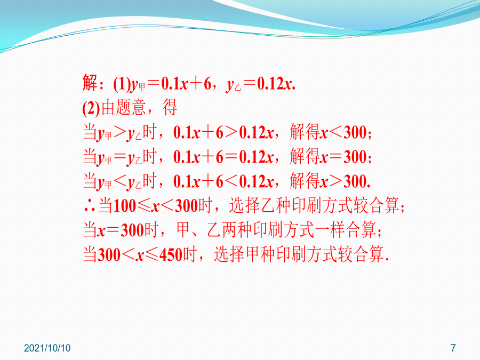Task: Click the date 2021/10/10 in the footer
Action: click(47, 348)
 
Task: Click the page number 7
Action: click(453, 348)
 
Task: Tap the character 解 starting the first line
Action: click(90, 83)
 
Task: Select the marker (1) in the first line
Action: click(122, 84)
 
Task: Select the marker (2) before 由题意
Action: click(91, 108)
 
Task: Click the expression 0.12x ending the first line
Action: click(276, 84)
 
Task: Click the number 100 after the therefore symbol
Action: click(125, 206)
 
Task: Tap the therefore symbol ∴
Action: click(90, 206)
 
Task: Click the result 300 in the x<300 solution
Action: click(355, 133)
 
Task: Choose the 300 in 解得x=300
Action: click(355, 157)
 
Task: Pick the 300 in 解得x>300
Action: click(355, 181)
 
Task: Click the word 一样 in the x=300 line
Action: click(338, 229)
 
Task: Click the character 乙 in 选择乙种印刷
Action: click(268, 205)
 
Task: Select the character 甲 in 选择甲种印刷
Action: click(253, 254)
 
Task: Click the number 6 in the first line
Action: click(207, 84)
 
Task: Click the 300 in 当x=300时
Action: click(133, 230)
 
